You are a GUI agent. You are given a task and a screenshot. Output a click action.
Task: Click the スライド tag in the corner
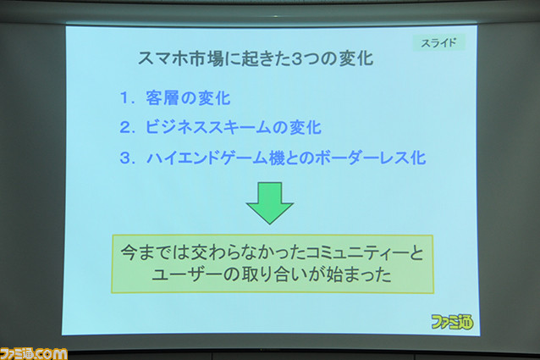pos(439,42)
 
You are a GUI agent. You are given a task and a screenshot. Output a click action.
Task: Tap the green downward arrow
pos(270,203)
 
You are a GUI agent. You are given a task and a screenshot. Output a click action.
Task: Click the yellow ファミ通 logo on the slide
pos(452,322)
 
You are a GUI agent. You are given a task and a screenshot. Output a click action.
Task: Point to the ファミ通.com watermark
pos(33,354)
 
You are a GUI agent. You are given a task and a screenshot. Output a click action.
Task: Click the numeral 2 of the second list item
pos(125,128)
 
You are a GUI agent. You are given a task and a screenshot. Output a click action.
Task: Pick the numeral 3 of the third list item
pos(125,158)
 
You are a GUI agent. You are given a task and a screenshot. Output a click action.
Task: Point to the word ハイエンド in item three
pos(179,158)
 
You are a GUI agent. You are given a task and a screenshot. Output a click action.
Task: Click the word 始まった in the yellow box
pos(359,275)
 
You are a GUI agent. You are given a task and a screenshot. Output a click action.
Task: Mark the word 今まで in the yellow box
pos(145,253)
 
